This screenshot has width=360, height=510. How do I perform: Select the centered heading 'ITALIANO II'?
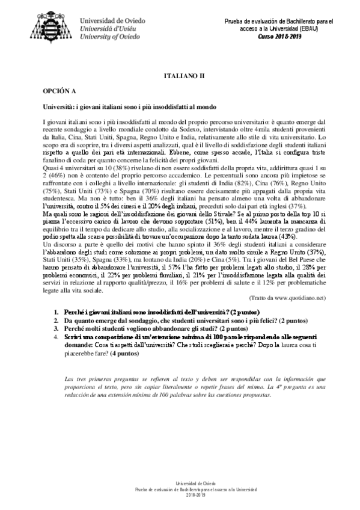[185, 78]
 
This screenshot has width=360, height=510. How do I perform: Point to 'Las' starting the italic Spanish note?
[68, 379]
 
